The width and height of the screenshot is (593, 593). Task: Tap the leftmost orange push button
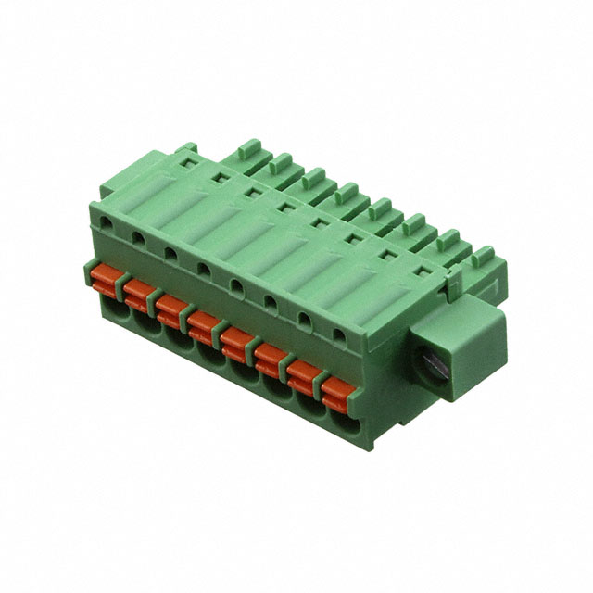pos(106,277)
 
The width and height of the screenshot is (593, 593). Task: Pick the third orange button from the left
pos(170,308)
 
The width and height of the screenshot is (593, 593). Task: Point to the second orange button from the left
pos(138,292)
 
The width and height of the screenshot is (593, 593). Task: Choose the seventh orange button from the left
pos(302,372)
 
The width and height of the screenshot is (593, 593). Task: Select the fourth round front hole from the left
pos(203,268)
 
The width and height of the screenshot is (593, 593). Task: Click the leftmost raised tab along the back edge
pos(247,149)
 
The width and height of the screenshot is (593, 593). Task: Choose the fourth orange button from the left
pos(203,323)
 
